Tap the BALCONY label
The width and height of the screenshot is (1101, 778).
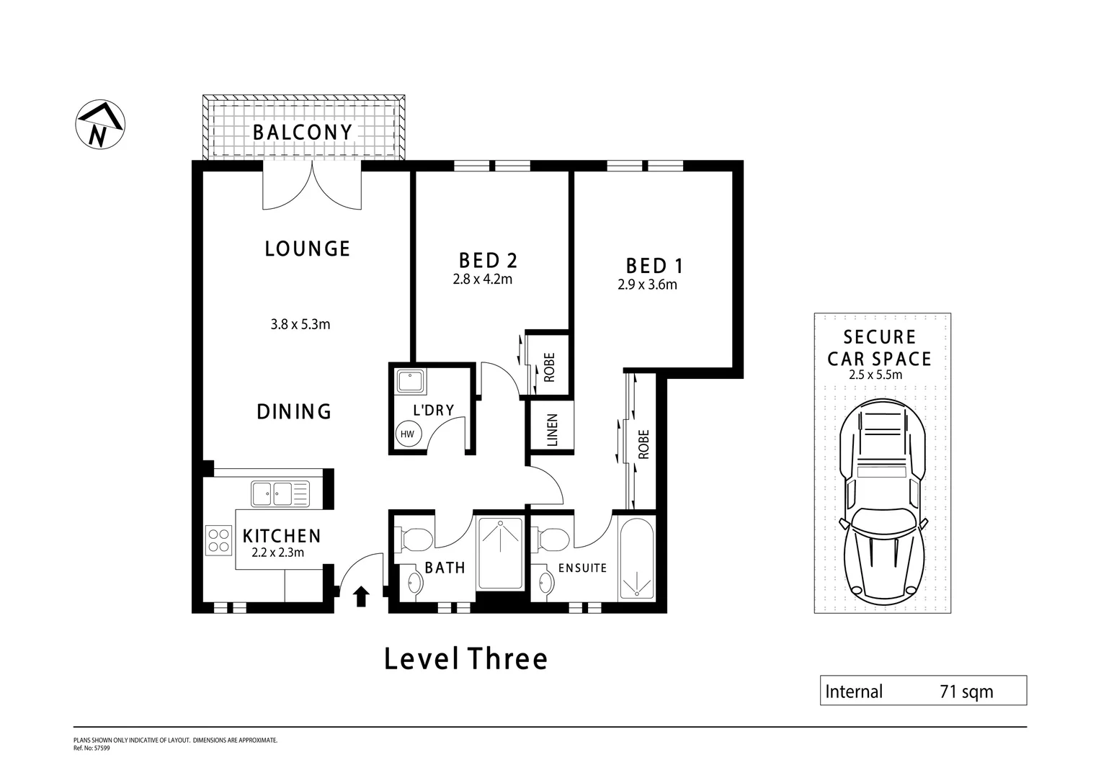coord(303,133)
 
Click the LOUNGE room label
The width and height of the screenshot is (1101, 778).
coord(307,249)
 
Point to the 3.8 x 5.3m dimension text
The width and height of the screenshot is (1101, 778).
coord(300,324)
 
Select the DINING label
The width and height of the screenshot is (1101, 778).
coord(294,411)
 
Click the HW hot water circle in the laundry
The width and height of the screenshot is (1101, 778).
coord(407,434)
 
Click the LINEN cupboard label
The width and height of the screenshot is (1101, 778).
coord(553,429)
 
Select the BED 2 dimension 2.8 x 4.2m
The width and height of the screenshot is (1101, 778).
coord(482,280)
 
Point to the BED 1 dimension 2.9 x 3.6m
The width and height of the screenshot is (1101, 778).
coord(647,285)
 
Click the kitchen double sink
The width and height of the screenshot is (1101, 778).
coord(280,493)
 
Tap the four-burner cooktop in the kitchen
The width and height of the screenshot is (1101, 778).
coord(218,540)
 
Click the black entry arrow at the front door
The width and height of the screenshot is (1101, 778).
coord(362,596)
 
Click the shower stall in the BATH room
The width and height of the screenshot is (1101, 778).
coord(501,553)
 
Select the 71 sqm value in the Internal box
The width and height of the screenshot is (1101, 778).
coord(966,692)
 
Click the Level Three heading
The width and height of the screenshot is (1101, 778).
coord(465,658)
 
